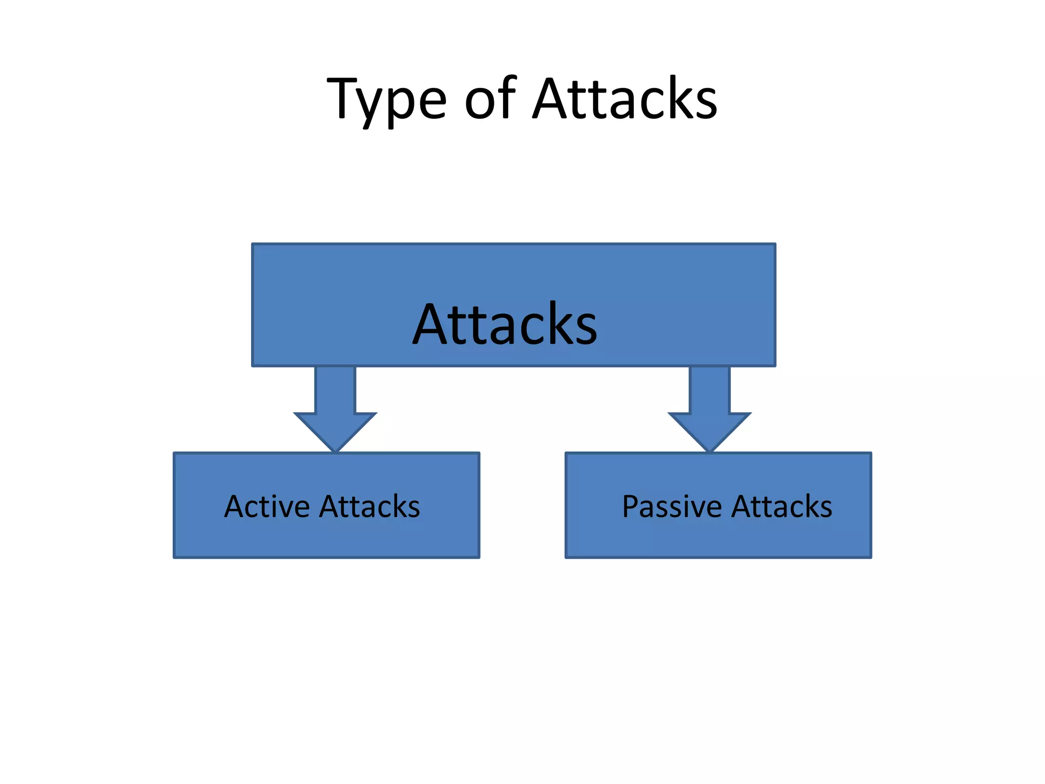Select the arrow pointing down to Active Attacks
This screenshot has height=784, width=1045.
point(335,408)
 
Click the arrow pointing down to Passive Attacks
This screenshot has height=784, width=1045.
point(709,408)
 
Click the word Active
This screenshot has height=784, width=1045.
point(267,506)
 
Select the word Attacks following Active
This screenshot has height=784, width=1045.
point(370,506)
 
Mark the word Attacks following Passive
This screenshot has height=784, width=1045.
point(782,506)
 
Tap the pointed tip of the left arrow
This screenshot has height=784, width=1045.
point(335,450)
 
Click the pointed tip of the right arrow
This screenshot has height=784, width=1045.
point(709,450)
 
